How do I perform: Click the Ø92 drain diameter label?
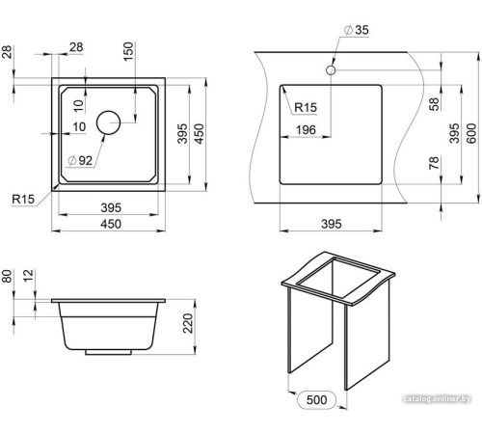point(80,160)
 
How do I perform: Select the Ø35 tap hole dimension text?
point(357,30)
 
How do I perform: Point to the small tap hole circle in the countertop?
point(331,69)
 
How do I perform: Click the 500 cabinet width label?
point(316,400)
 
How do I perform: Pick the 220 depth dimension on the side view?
point(188,323)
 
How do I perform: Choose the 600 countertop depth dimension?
point(471,133)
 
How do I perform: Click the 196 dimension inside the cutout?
point(306,130)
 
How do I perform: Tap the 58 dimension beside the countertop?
point(434,104)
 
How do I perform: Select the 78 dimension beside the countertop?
point(434,163)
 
